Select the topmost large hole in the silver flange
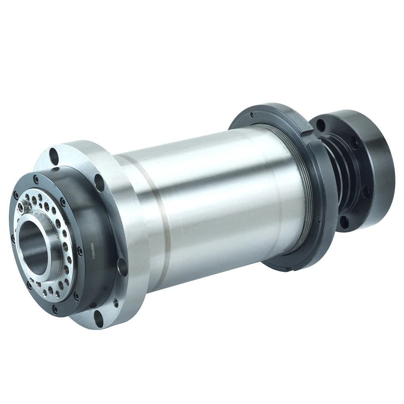(54, 154)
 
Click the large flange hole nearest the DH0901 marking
(122, 267)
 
